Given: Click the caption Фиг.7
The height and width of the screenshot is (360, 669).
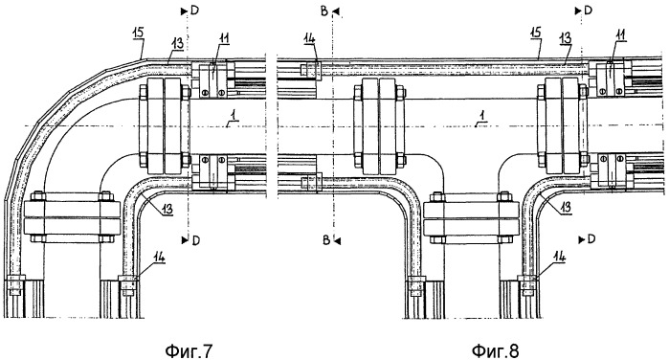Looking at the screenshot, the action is pos(189,351).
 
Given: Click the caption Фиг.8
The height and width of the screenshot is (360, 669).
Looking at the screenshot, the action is pos(496,351).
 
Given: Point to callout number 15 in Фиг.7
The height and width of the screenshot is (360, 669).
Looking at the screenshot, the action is pos(138,33).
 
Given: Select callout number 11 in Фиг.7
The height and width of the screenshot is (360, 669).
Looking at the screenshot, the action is pos(224,38).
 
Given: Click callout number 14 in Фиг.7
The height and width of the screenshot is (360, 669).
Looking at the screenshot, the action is pos(160,257).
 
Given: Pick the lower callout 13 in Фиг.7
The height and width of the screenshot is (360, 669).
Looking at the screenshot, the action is pos(167,209).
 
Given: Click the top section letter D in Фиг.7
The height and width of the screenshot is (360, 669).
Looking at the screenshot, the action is pos(194,11).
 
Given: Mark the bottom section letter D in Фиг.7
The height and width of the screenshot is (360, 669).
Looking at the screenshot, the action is pos(196,240).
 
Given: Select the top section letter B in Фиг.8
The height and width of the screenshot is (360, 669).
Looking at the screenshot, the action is pos(324,11).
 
